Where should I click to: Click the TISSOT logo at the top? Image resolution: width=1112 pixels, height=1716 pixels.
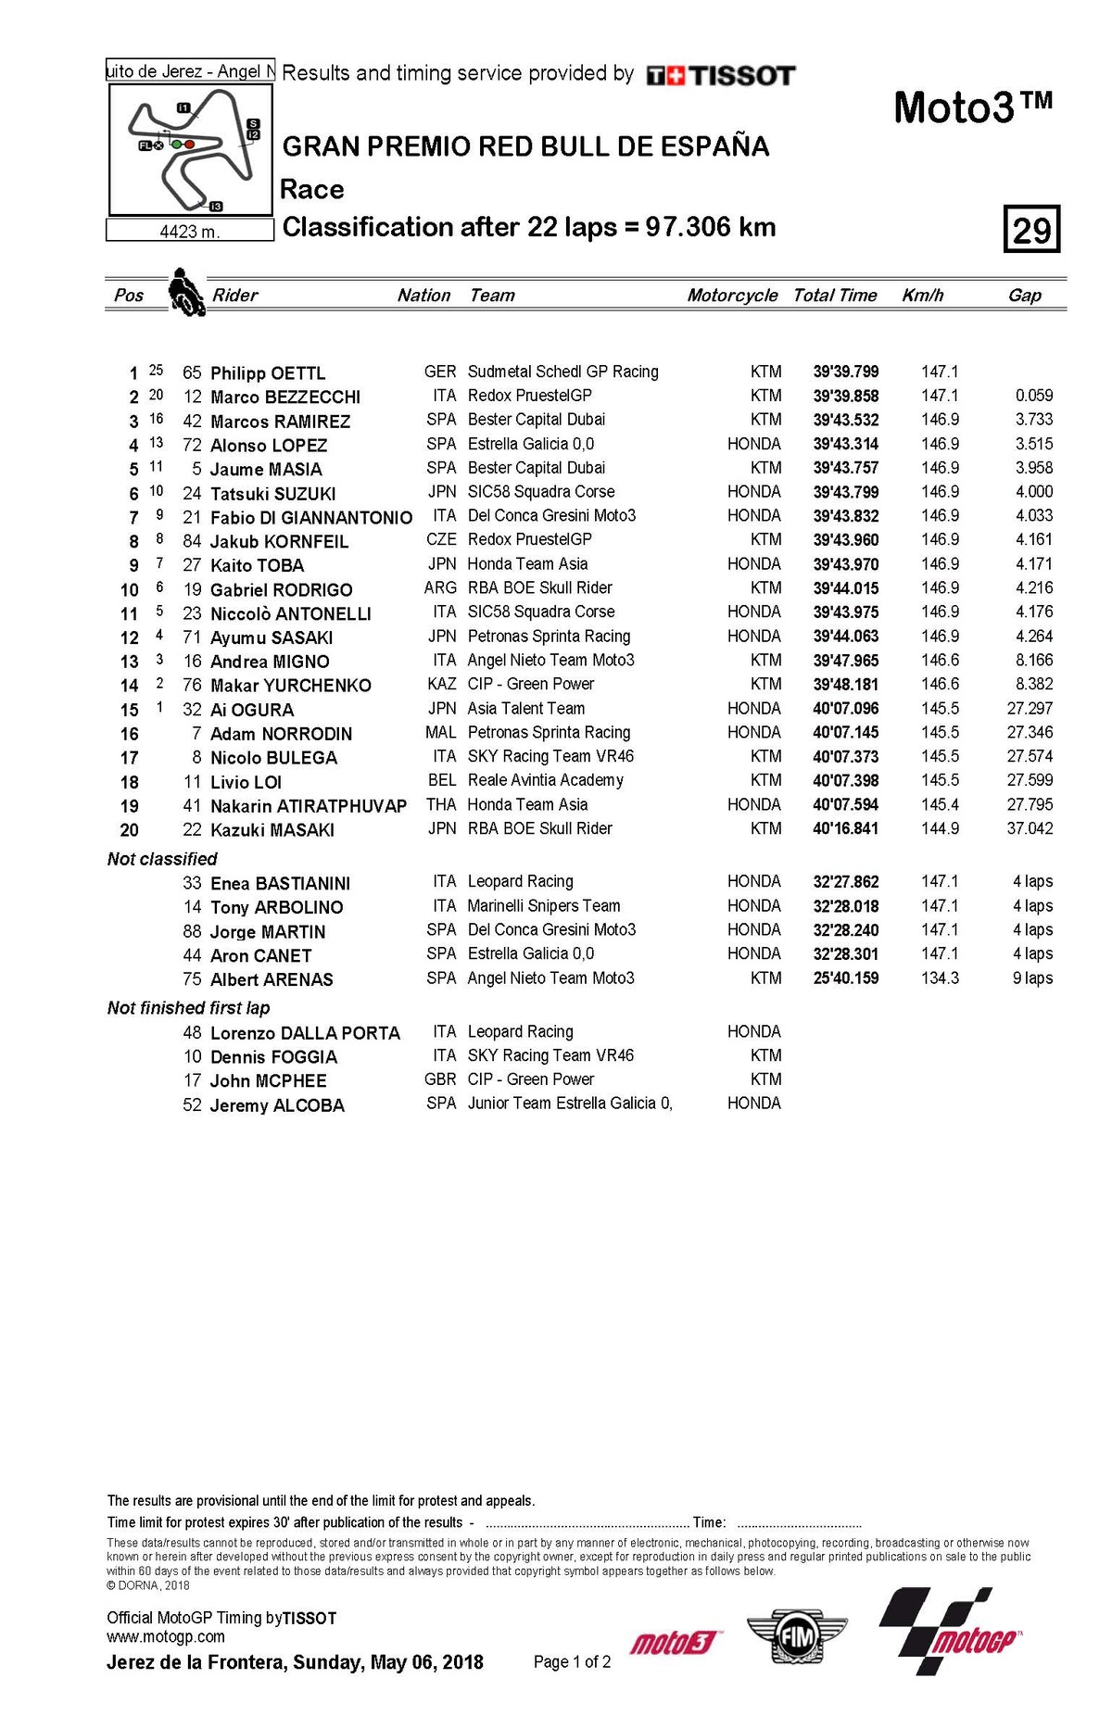[721, 76]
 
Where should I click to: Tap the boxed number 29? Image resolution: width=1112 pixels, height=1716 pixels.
[1031, 229]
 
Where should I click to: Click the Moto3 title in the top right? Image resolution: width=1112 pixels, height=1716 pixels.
[972, 107]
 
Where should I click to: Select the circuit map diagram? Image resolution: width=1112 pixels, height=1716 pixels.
[191, 149]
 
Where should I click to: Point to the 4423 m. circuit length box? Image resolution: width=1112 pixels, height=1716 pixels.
[190, 231]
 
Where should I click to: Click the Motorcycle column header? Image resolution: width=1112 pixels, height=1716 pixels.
[732, 296]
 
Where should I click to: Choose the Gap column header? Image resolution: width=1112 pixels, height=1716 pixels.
[1024, 296]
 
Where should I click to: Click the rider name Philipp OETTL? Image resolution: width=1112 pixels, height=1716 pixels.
[268, 372]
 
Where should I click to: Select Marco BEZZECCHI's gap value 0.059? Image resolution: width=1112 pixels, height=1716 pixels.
[1033, 396]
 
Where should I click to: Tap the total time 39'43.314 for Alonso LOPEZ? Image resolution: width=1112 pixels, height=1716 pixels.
[846, 444]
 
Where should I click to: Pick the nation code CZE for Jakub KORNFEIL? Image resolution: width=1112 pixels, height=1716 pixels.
[442, 539]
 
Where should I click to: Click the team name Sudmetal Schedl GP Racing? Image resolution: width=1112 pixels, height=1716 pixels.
[562, 372]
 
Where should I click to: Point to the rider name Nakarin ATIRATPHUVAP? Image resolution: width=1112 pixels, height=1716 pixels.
[309, 806]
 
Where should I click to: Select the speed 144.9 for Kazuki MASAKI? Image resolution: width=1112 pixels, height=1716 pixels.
[940, 828]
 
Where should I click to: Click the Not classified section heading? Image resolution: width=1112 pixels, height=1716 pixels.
[162, 859]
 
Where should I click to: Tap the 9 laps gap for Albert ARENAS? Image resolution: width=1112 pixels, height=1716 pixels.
[1032, 978]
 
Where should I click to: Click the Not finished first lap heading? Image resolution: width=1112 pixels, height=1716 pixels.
[188, 1007]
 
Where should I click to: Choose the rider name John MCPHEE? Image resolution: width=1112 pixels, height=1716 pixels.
[268, 1080]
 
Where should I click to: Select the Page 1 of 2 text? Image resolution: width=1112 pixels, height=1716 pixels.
[572, 1661]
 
